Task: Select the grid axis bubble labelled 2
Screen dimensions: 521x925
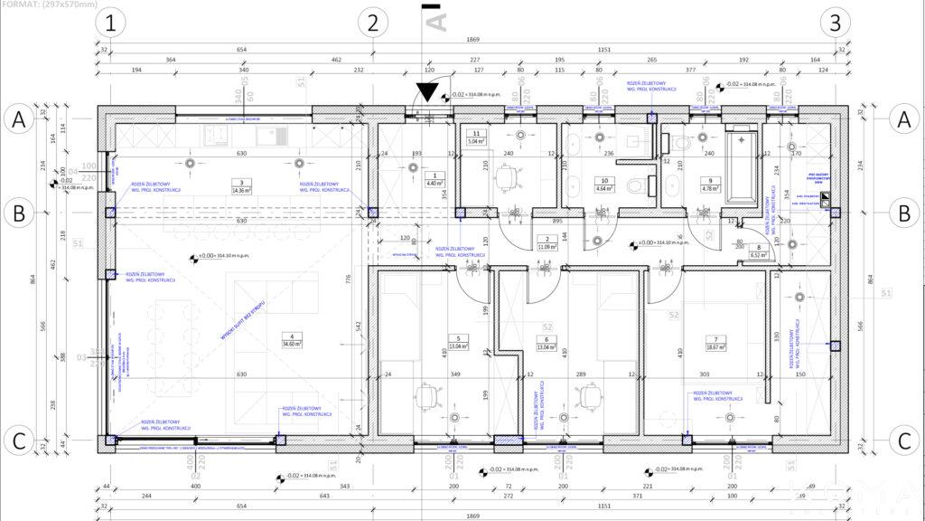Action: coord(372,22)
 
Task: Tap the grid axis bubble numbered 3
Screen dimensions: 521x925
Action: coord(836,22)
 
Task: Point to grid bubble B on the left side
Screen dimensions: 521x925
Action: coord(18,214)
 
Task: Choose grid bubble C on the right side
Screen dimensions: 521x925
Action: coord(903,441)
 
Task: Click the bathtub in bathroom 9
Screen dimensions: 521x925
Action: coord(743,166)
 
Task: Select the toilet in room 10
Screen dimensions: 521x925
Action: coord(635,186)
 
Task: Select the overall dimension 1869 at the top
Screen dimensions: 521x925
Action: coord(472,40)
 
